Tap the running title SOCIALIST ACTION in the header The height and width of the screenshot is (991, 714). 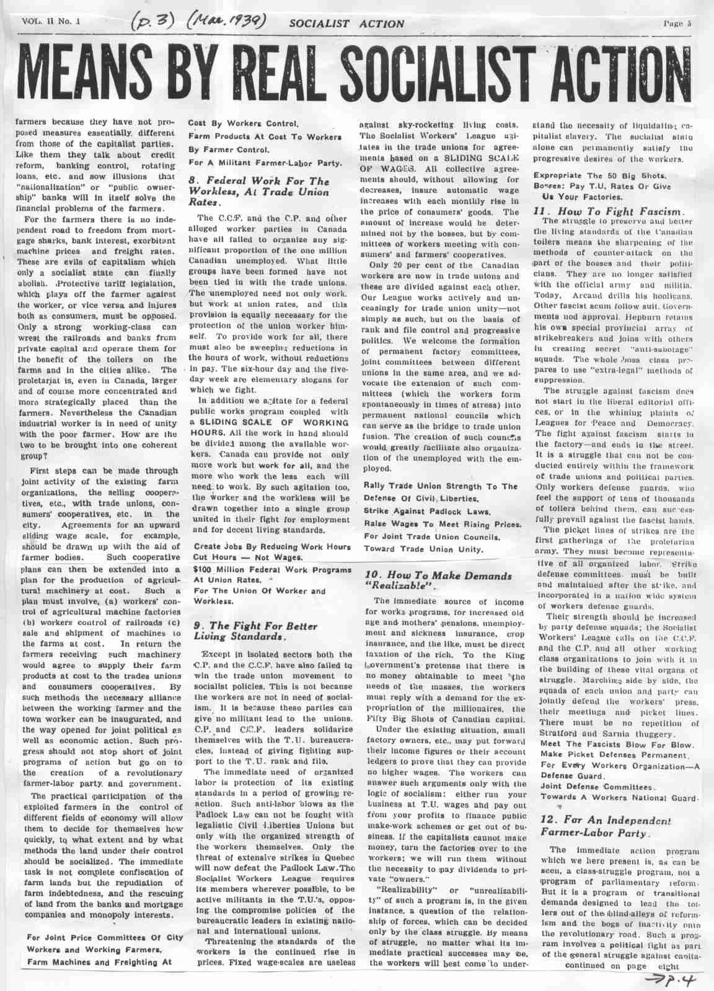tap(346, 24)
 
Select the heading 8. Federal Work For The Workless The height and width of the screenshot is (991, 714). tap(258, 191)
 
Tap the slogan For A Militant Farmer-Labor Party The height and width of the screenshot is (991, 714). tap(265, 163)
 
